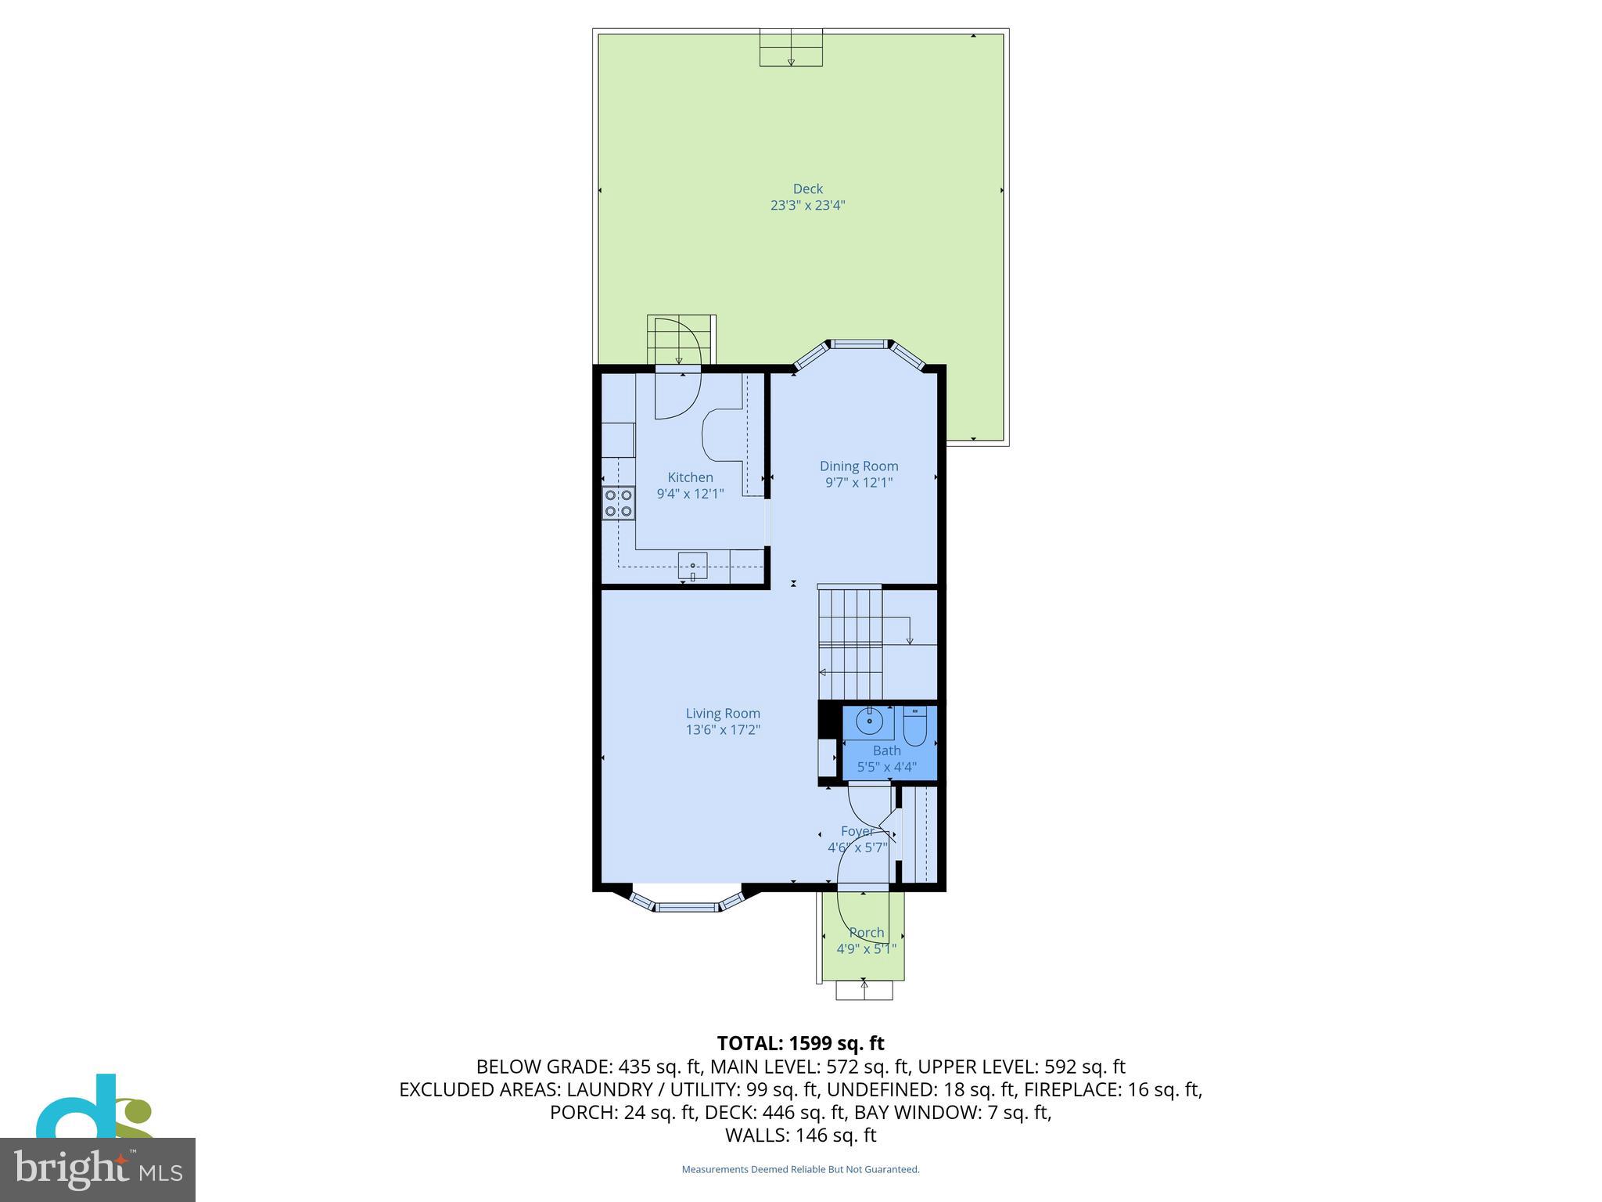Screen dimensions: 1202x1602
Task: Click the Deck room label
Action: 807,189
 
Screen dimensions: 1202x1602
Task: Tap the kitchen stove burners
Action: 618,503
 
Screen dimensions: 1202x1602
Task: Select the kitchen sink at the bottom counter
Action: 692,566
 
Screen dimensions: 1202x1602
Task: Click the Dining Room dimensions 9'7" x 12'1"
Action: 858,483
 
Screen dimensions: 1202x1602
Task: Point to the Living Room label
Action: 723,713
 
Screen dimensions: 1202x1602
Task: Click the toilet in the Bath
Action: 914,727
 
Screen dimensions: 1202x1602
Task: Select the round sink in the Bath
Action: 869,721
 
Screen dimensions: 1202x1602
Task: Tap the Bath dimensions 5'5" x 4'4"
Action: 886,767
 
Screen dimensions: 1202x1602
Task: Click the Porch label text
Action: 866,933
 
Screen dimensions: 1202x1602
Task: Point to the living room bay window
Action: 686,906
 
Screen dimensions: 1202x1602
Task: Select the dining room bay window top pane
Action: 858,344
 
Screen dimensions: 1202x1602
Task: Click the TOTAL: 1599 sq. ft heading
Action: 800,1043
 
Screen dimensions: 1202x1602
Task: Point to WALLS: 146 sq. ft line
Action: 800,1135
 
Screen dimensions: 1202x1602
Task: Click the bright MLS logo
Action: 98,1169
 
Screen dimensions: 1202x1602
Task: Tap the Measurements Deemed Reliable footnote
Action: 800,1169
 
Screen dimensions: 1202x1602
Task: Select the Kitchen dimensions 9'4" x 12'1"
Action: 690,494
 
